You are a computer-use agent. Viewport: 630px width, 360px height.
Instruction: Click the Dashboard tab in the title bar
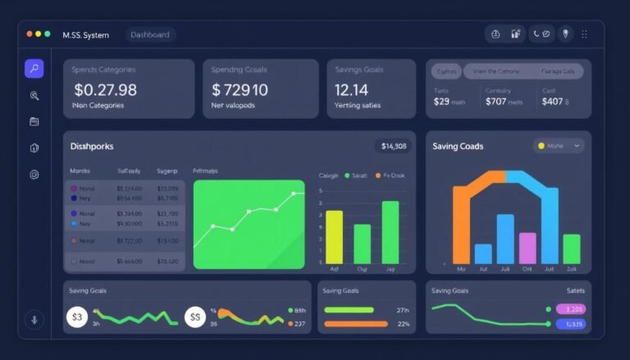pyautogui.click(x=151, y=34)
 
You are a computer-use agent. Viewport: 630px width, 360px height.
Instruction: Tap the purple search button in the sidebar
pyautogui.click(x=34, y=69)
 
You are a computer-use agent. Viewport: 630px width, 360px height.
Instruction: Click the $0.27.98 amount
pyautogui.click(x=105, y=89)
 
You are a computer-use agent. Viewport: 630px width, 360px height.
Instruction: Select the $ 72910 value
pyautogui.click(x=240, y=89)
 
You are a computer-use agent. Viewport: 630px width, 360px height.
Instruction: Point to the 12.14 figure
pyautogui.click(x=351, y=89)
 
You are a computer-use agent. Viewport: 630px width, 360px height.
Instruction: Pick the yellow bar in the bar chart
pyautogui.click(x=334, y=236)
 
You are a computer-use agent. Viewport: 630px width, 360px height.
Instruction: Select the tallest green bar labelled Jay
pyautogui.click(x=390, y=231)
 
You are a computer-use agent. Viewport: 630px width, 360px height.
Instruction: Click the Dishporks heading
pyautogui.click(x=92, y=146)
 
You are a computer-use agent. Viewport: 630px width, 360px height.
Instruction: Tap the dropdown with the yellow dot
pyautogui.click(x=559, y=146)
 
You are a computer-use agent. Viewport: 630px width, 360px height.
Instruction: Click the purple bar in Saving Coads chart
pyautogui.click(x=527, y=248)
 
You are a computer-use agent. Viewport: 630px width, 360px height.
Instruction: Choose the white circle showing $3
pyautogui.click(x=77, y=317)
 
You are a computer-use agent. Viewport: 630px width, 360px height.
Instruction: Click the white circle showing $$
pyautogui.click(x=194, y=317)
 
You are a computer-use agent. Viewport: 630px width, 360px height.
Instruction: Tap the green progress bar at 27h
pyautogui.click(x=349, y=310)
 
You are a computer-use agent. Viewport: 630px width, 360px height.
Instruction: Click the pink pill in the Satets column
pyautogui.click(x=570, y=309)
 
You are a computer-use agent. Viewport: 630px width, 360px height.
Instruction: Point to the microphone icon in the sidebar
pyautogui.click(x=34, y=319)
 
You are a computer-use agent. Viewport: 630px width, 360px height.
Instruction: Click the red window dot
pyautogui.click(x=30, y=34)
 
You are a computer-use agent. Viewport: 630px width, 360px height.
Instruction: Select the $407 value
pyautogui.click(x=552, y=102)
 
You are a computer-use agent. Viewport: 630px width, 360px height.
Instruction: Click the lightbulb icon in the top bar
pyautogui.click(x=564, y=34)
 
